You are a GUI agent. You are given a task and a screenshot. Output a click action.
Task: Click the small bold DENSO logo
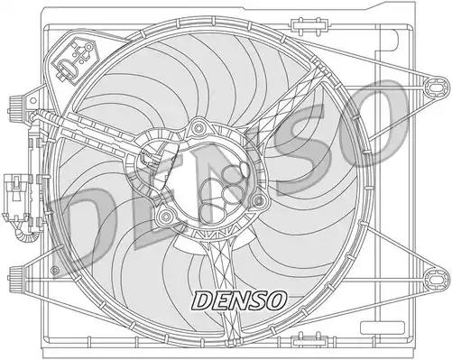pyautogui.click(x=238, y=300)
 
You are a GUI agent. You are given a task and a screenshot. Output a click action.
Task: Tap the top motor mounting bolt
pyautogui.click(x=198, y=128)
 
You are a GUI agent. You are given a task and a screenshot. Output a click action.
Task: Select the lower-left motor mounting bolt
pyautogui.click(x=165, y=216)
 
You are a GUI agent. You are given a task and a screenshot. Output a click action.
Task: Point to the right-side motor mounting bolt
pyautogui.click(x=258, y=201)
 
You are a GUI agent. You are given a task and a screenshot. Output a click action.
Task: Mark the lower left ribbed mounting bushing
pyautogui.click(x=16, y=278)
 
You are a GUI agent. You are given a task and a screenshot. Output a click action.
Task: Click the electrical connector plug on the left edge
pyautogui.click(x=16, y=197)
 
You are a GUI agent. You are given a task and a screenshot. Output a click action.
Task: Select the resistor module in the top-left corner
pyautogui.click(x=75, y=60)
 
